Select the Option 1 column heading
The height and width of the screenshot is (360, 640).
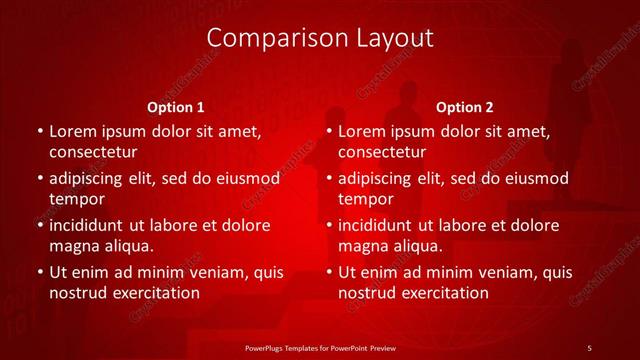(176, 107)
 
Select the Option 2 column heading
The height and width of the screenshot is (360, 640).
(465, 107)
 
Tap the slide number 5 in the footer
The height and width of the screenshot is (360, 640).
(589, 347)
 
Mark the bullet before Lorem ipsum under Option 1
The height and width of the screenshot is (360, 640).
(38, 132)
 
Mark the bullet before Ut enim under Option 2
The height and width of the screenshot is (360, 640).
(328, 272)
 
